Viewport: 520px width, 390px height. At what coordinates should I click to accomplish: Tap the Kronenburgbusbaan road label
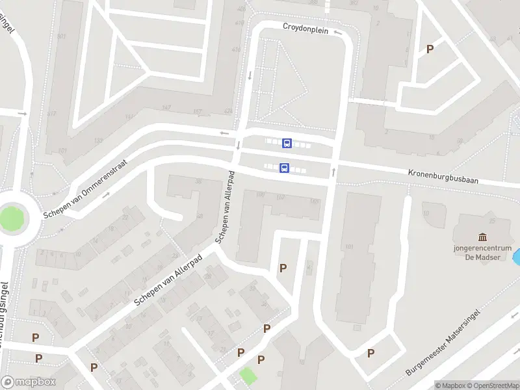tap(443, 177)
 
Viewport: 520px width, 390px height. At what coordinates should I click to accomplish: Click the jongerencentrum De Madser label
tap(483, 252)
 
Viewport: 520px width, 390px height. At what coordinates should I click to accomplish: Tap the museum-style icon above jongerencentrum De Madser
tap(482, 237)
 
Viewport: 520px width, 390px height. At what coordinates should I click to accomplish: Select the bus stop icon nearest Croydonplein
tap(287, 143)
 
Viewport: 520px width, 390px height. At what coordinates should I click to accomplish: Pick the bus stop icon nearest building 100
tap(284, 168)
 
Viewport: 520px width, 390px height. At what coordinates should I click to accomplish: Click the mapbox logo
tap(28, 382)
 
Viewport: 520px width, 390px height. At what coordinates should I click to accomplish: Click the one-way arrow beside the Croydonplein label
tap(338, 31)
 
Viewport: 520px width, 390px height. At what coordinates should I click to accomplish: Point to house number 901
tap(62, 36)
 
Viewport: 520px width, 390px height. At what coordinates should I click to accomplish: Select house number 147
tap(166, 107)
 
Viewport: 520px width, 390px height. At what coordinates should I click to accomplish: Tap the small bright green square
tap(247, 374)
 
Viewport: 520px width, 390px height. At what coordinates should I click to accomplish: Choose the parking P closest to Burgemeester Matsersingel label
tap(370, 354)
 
